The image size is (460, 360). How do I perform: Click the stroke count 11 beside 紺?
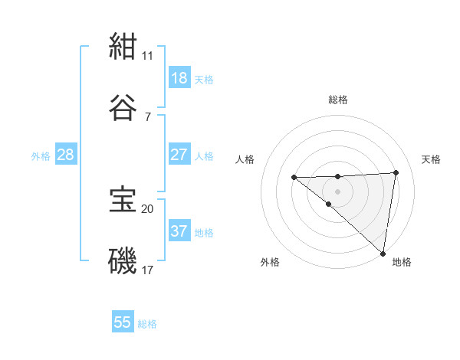tap(148, 55)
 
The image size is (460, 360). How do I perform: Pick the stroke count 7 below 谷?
tap(148, 116)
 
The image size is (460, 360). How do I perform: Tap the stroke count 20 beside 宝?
tap(148, 208)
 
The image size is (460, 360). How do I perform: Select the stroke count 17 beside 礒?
tap(148, 270)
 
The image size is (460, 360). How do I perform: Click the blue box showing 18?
tap(179, 78)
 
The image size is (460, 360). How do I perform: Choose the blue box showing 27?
tap(179, 155)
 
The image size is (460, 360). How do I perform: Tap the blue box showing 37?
tap(179, 231)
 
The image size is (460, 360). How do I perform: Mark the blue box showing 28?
tap(66, 155)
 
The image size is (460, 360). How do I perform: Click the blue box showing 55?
tap(123, 322)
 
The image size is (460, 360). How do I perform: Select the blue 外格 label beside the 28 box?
tap(41, 156)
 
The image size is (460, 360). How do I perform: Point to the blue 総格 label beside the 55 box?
tap(147, 324)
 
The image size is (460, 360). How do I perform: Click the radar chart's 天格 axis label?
tap(431, 159)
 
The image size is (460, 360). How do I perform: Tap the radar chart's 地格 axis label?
tap(402, 262)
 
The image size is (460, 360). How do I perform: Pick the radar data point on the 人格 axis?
tap(294, 178)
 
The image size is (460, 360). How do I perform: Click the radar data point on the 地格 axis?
tap(383, 253)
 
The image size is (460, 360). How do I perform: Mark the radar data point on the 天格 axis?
tap(396, 172)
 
